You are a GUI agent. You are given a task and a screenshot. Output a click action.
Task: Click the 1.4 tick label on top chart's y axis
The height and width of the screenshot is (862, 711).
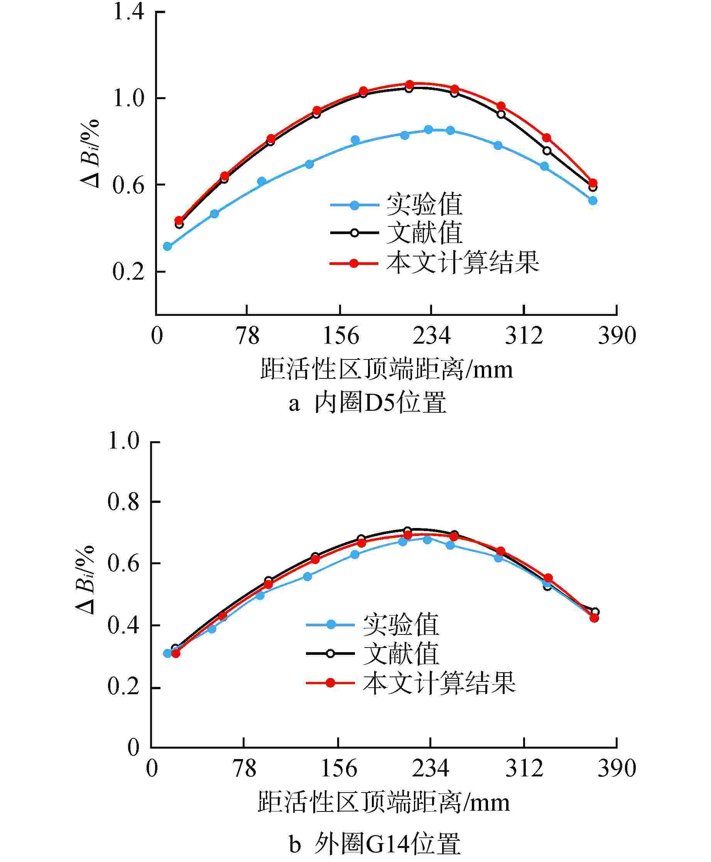coord(128,12)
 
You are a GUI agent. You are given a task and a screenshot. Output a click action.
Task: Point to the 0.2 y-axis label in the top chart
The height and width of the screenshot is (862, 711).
coord(128,271)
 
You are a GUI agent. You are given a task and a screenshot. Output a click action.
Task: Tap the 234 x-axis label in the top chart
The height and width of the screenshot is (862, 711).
coord(431,336)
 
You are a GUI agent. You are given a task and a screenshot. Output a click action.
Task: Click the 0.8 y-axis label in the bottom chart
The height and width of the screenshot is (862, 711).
coord(123,502)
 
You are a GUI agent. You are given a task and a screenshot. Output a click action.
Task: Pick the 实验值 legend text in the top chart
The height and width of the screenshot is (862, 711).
coord(424,204)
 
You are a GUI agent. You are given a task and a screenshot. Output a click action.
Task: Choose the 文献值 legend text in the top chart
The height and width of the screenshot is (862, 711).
coord(424,233)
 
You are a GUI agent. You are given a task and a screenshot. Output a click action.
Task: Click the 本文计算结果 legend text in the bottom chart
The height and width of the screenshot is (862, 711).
coord(439,683)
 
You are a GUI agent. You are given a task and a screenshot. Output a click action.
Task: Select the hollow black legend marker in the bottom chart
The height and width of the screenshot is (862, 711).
coord(331,654)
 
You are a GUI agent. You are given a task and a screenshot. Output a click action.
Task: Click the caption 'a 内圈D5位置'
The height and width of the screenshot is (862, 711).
coord(367,403)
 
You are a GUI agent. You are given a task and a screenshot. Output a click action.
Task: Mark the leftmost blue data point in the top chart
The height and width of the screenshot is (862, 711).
coord(167,246)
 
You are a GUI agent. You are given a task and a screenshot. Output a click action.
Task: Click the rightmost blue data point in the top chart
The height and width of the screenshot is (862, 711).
coord(593,200)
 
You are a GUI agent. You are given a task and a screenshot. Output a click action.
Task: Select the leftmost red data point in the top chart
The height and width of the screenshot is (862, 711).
coord(179,220)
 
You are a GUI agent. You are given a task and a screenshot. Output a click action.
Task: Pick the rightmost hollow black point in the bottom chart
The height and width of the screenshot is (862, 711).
coord(595,612)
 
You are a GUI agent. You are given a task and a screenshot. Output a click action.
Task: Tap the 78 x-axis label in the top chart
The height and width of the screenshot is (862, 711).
coord(247,336)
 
